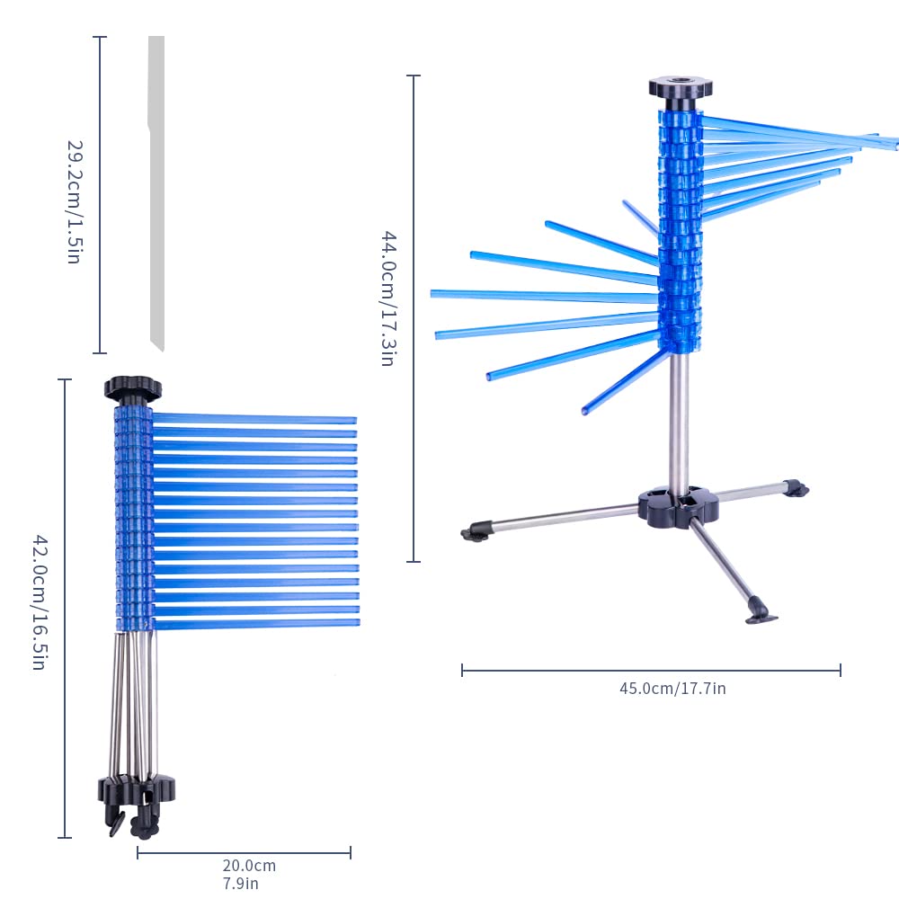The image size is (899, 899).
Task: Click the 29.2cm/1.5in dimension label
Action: click(76, 201)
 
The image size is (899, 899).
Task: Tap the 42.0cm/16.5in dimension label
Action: click(39, 602)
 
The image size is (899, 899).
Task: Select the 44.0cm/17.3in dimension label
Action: click(388, 298)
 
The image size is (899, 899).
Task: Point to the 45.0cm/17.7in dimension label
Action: click(672, 688)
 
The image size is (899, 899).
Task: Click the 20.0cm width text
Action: click(249, 865)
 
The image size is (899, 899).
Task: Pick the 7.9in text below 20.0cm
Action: click(241, 884)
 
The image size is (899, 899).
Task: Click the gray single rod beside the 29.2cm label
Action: click(156, 193)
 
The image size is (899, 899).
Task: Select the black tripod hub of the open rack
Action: click(678, 505)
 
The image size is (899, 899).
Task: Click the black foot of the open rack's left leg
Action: click(476, 532)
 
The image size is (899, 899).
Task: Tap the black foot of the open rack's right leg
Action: click(797, 488)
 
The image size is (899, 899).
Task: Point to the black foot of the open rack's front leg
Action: click(761, 611)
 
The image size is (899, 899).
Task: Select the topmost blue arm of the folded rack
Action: click(254, 419)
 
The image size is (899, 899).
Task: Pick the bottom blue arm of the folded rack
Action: click(257, 623)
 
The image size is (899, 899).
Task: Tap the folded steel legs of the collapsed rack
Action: click(133, 705)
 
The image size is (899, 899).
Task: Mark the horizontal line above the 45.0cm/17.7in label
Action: click(651, 670)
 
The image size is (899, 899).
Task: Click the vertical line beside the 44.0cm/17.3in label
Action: click(414, 318)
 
